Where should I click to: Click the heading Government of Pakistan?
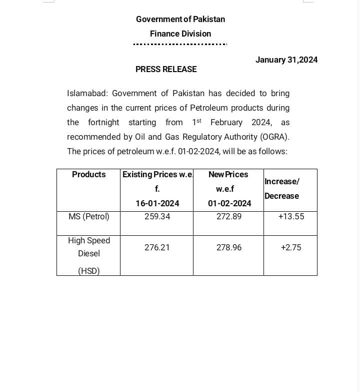point(180,19)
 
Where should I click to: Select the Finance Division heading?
point(180,34)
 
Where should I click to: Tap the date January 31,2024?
point(286,60)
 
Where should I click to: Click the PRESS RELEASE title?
point(166,70)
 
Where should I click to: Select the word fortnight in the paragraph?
point(103,122)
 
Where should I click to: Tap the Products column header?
point(89,174)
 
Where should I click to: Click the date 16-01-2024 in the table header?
point(157,203)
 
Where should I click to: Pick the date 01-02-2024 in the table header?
point(229,203)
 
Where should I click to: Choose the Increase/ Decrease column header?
point(282,189)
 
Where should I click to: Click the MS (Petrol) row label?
point(89,217)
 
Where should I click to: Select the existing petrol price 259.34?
point(157,217)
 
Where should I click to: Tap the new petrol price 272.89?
point(229,217)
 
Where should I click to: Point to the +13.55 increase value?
point(291,217)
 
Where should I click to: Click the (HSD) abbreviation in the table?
point(89,271)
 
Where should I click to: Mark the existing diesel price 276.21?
point(157,247)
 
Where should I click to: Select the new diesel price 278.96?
point(229,247)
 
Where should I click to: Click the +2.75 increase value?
point(291,247)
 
